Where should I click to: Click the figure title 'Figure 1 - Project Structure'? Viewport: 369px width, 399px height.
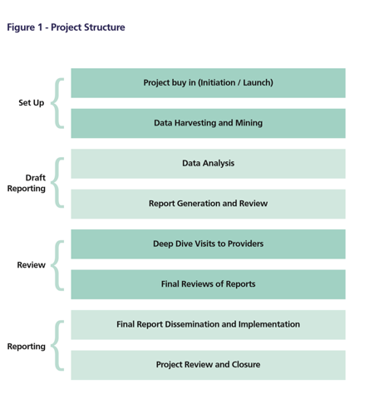tap(66, 27)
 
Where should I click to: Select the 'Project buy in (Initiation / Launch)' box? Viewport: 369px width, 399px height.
tap(208, 83)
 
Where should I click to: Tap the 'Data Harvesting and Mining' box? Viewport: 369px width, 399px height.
tap(208, 123)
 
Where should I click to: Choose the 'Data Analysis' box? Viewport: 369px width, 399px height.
tap(208, 164)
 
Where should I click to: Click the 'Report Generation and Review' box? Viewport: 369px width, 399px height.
tap(208, 204)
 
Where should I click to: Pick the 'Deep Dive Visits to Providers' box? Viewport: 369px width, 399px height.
tap(208, 244)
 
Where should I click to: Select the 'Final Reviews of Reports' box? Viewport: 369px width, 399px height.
tap(208, 284)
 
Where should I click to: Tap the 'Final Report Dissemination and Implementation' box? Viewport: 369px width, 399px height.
tap(208, 324)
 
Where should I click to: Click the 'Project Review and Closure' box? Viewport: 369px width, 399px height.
tap(208, 365)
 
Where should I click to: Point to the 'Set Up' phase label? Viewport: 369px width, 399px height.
tap(32, 103)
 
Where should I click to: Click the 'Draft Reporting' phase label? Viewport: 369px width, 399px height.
tap(27, 183)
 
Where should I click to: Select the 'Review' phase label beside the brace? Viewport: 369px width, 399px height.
tap(32, 265)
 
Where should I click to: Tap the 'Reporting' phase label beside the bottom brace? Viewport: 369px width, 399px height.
tap(27, 347)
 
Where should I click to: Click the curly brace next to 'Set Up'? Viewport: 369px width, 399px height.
tap(52, 103)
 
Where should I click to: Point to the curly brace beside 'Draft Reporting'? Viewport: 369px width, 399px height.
tap(52, 183)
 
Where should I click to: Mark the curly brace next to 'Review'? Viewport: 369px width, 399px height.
tap(52, 265)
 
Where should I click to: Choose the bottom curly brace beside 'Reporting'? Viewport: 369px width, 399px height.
tap(52, 346)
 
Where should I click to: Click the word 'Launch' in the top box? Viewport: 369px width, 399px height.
tap(257, 82)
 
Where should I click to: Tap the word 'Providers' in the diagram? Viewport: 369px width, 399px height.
tap(245, 244)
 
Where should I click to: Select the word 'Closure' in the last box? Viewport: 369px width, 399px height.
tap(246, 364)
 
